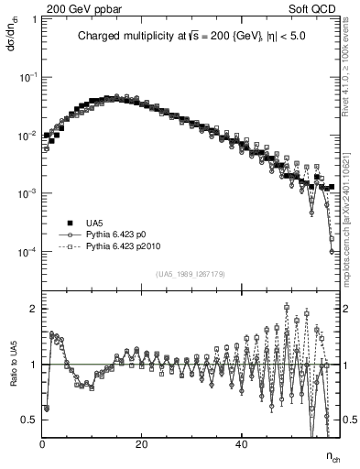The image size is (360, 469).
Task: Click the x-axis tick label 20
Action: pos(141,445)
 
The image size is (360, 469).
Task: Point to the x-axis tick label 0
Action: pos(43,445)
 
